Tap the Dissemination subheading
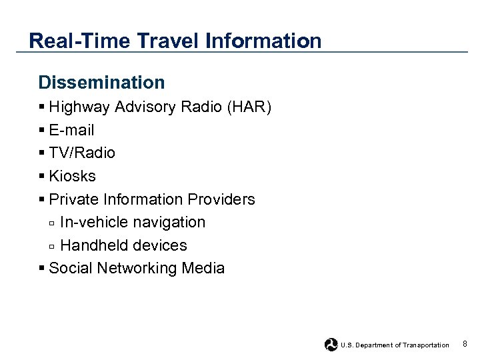click(x=101, y=83)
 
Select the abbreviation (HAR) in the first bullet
click(x=249, y=107)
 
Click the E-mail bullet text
click(x=71, y=130)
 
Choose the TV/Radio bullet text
click(x=82, y=153)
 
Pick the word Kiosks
click(x=72, y=176)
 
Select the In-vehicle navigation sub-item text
click(x=132, y=222)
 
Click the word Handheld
click(x=92, y=245)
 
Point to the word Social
click(x=70, y=268)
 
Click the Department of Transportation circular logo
click(x=331, y=345)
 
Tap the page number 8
click(x=464, y=344)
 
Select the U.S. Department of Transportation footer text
click(x=395, y=345)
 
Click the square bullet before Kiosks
click(x=42, y=176)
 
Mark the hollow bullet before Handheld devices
click(x=52, y=246)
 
